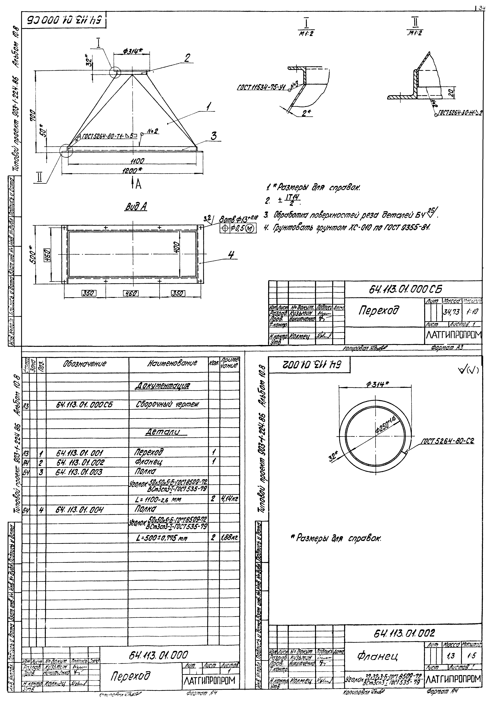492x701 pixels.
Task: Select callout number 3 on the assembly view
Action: (214, 136)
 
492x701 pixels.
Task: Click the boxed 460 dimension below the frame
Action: (131, 293)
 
